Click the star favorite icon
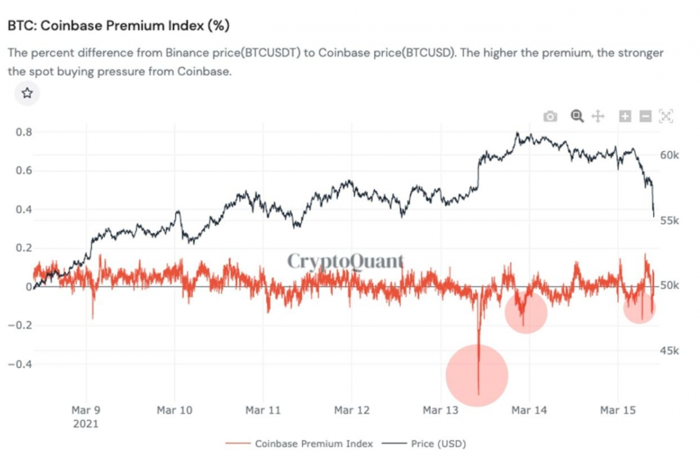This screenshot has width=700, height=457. pyautogui.click(x=27, y=93)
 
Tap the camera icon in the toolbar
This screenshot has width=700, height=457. pyautogui.click(x=550, y=116)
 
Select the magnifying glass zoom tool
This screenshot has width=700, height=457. pyautogui.click(x=577, y=116)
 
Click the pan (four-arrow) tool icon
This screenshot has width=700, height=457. pyautogui.click(x=598, y=116)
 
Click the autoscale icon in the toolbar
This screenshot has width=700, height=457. pyautogui.click(x=666, y=116)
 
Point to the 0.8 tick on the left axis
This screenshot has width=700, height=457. pyautogui.click(x=24, y=132)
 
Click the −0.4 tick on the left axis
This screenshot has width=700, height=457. pyautogui.click(x=20, y=364)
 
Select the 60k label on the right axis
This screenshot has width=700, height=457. pyautogui.click(x=669, y=155)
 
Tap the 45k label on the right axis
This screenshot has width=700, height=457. pyautogui.click(x=669, y=351)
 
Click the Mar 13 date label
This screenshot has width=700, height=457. pyautogui.click(x=440, y=410)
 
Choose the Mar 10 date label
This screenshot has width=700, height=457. pyautogui.click(x=174, y=410)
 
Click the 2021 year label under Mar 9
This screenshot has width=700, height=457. pyautogui.click(x=86, y=424)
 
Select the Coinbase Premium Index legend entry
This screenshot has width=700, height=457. pyautogui.click(x=313, y=444)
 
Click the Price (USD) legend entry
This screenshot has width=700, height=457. pyautogui.click(x=438, y=444)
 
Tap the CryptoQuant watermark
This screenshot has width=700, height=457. pyautogui.click(x=345, y=261)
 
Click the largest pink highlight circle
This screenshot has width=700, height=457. pyautogui.click(x=477, y=375)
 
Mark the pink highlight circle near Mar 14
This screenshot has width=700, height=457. pyautogui.click(x=526, y=312)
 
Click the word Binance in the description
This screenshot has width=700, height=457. pyautogui.click(x=185, y=53)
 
